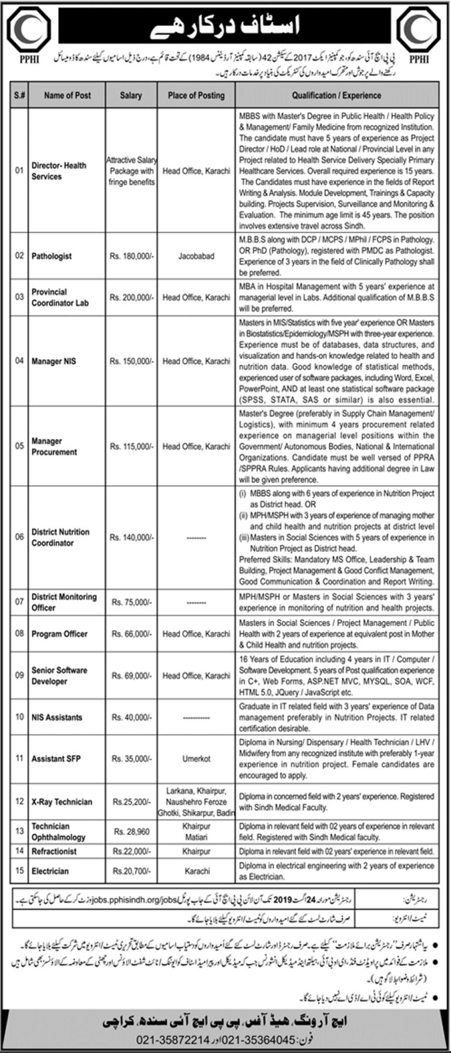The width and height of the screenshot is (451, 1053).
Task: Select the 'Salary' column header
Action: (131, 95)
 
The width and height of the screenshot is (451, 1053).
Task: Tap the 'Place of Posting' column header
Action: (196, 95)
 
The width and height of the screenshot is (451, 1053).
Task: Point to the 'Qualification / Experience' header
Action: (336, 95)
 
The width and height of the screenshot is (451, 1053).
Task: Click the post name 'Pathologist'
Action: (52, 256)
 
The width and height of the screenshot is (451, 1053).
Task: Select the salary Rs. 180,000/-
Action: (131, 256)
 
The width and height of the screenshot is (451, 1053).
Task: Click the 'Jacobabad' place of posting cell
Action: (196, 256)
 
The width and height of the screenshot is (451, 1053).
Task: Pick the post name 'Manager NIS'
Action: (54, 361)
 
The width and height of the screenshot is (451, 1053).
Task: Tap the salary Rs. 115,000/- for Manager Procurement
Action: (131, 446)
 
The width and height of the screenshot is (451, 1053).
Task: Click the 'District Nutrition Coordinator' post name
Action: (60, 537)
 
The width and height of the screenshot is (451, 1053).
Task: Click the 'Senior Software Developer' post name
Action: (59, 676)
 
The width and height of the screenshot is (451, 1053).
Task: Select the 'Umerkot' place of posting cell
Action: (196, 759)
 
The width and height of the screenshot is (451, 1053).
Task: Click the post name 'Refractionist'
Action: (55, 851)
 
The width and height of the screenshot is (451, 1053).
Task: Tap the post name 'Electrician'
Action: (50, 871)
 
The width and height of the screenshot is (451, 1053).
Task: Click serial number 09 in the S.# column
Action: (20, 676)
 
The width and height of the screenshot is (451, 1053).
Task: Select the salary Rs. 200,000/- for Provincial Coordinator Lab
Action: (131, 297)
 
